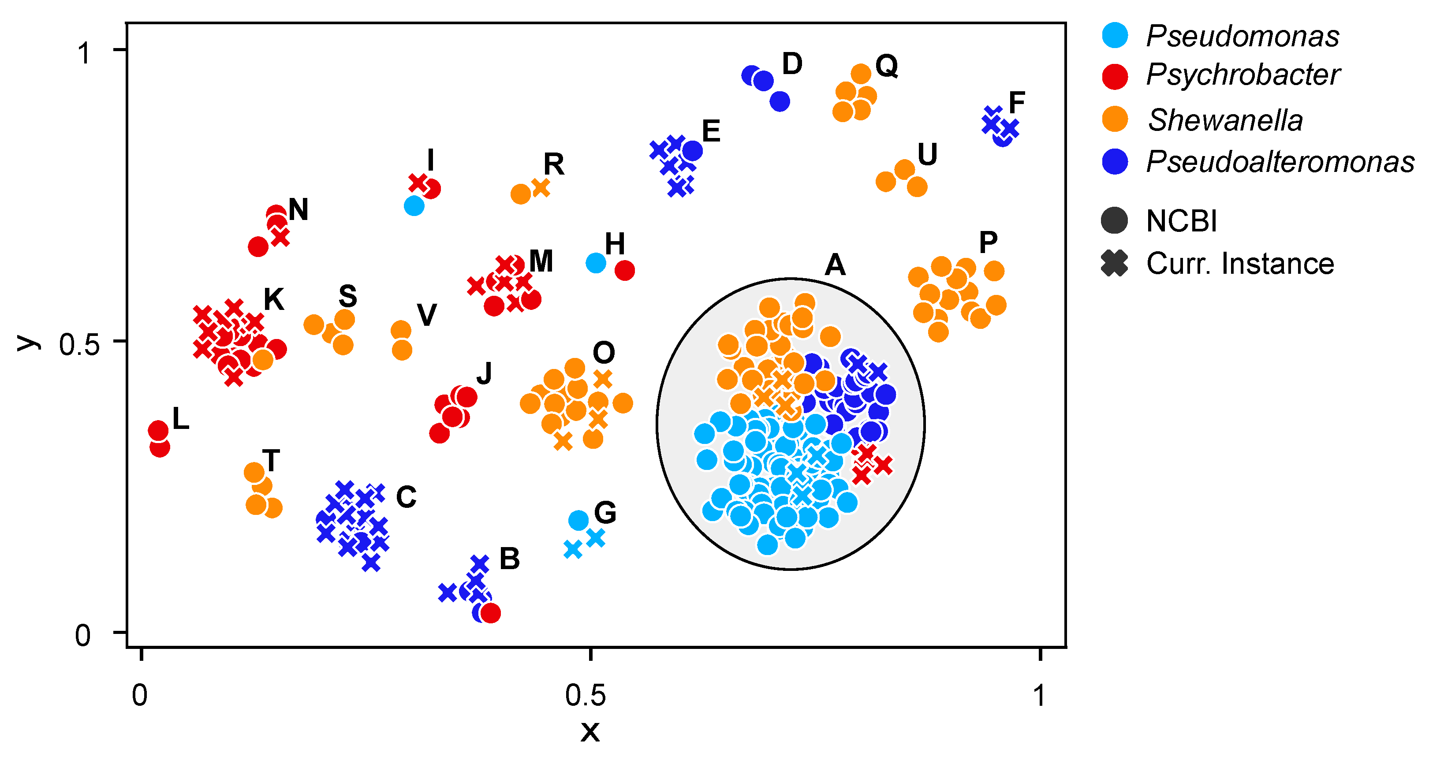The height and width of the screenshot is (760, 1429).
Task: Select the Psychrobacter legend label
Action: pos(1242,75)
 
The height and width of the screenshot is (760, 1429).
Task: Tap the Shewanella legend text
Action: pos(1225,120)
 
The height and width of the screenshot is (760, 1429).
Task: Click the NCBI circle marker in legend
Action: pos(1115,221)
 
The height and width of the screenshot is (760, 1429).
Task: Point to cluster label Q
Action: pos(887,66)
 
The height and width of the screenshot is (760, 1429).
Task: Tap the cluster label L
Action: pos(181,418)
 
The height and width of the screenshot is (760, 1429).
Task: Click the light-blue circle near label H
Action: pos(596,262)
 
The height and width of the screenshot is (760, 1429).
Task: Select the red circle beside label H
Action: pos(625,271)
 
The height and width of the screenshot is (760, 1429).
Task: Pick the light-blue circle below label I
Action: pos(414,206)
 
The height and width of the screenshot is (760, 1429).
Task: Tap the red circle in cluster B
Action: pos(490,613)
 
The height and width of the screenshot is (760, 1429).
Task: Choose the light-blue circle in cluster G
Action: pos(578,520)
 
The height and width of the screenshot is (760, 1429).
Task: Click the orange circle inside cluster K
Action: pos(263,359)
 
